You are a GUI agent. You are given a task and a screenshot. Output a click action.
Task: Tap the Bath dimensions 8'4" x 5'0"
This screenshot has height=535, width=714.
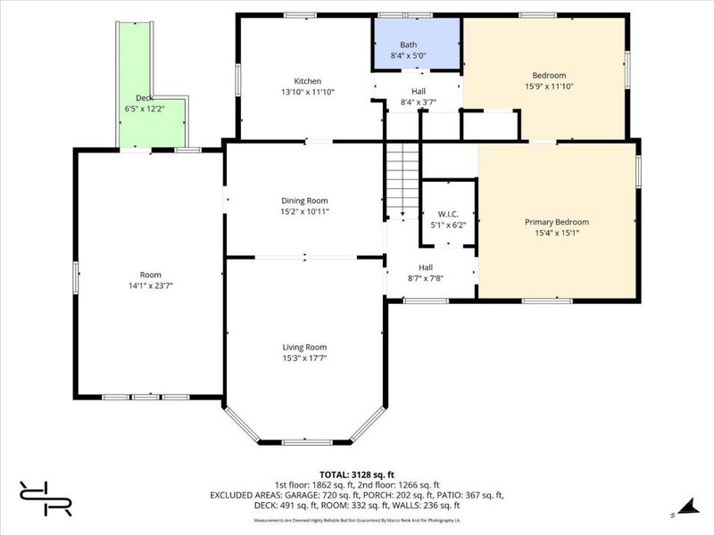tap(409, 55)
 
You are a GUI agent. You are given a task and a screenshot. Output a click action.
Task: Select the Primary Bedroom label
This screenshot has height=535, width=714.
tap(556, 222)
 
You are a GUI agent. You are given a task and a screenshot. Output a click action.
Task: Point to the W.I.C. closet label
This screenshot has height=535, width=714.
tap(447, 214)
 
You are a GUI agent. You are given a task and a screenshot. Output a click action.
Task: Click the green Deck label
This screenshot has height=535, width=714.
tap(144, 98)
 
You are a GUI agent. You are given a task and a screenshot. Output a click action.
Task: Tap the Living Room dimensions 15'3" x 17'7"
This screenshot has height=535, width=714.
tap(305, 358)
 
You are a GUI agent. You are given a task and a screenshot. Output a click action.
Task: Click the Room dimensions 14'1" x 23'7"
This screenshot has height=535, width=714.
tap(150, 285)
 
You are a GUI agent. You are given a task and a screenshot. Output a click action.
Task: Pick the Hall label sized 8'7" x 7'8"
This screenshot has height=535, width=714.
tap(427, 267)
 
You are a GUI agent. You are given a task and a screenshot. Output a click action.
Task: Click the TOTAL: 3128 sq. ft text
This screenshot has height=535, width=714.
tap(356, 475)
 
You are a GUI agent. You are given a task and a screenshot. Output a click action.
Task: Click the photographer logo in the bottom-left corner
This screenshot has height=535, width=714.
tap(45, 498)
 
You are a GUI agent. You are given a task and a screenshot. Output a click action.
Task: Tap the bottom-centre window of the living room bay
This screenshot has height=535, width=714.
tap(307, 441)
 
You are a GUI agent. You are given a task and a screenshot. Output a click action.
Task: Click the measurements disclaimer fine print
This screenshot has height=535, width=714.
tap(357, 519)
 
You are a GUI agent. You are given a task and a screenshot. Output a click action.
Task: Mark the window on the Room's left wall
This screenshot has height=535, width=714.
tap(76, 276)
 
